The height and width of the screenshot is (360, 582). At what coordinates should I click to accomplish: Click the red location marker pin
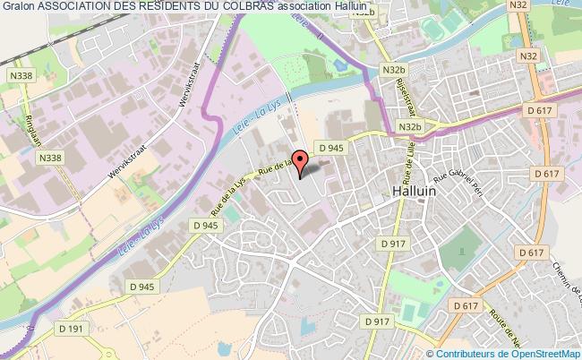tap(300, 162)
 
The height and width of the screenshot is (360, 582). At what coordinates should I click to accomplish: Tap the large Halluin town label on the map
tap(415, 191)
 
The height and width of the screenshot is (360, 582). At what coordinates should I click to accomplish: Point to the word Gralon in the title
tap(18, 7)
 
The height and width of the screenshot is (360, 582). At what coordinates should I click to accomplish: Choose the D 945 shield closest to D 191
tap(141, 287)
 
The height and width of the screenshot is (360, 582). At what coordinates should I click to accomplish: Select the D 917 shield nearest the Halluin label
tap(392, 244)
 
